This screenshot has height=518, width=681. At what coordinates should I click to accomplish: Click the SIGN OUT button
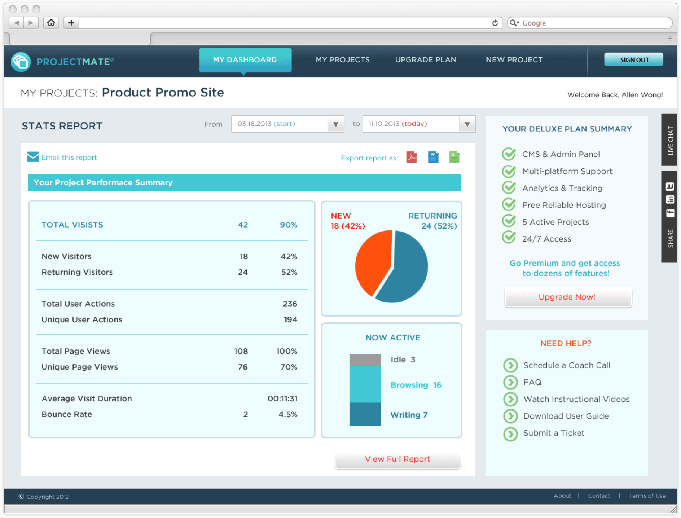pyautogui.click(x=634, y=59)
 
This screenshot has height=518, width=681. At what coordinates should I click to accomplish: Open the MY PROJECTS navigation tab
pyautogui.click(x=342, y=59)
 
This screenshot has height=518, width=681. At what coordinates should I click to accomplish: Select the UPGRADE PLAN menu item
pyautogui.click(x=426, y=59)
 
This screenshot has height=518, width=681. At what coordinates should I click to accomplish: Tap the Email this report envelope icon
pyautogui.click(x=33, y=157)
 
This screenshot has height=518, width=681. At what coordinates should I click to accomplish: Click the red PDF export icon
pyautogui.click(x=411, y=157)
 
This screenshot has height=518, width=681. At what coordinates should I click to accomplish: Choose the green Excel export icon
pyautogui.click(x=454, y=157)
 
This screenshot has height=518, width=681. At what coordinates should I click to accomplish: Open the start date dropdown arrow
pyautogui.click(x=336, y=124)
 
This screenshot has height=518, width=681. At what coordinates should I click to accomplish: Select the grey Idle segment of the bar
pyautogui.click(x=365, y=359)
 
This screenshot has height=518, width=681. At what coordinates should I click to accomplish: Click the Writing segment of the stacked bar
pyautogui.click(x=365, y=414)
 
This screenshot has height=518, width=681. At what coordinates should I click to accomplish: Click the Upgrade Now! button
pyautogui.click(x=568, y=297)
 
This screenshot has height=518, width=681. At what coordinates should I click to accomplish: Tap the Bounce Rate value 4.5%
pyautogui.click(x=288, y=414)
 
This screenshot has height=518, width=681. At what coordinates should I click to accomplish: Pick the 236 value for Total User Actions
pyautogui.click(x=290, y=304)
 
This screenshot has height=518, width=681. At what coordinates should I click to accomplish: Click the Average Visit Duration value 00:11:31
pyautogui.click(x=283, y=399)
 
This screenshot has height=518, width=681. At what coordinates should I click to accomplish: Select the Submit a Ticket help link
pyautogui.click(x=554, y=433)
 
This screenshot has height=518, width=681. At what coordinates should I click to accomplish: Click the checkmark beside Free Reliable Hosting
pyautogui.click(x=509, y=204)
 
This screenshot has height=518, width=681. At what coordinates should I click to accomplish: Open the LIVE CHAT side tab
pyautogui.click(x=670, y=140)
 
